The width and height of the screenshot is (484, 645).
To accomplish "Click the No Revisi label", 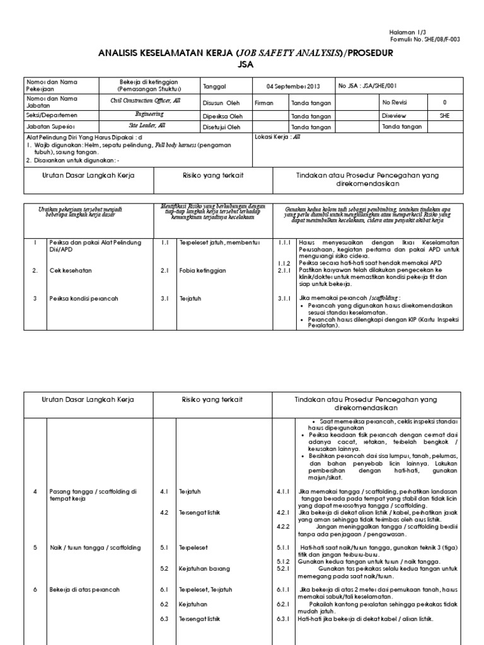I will pos(395,101).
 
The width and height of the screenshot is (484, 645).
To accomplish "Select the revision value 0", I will pos(444,101).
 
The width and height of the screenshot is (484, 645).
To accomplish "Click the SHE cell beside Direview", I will pos(444,115).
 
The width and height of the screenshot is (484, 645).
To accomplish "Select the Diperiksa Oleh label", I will pos(222,115).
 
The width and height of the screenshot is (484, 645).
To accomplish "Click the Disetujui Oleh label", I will pos(222,127).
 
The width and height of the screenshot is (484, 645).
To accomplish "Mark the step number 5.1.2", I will pos(283,561).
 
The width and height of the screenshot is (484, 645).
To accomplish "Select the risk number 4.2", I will pos(164,513).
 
